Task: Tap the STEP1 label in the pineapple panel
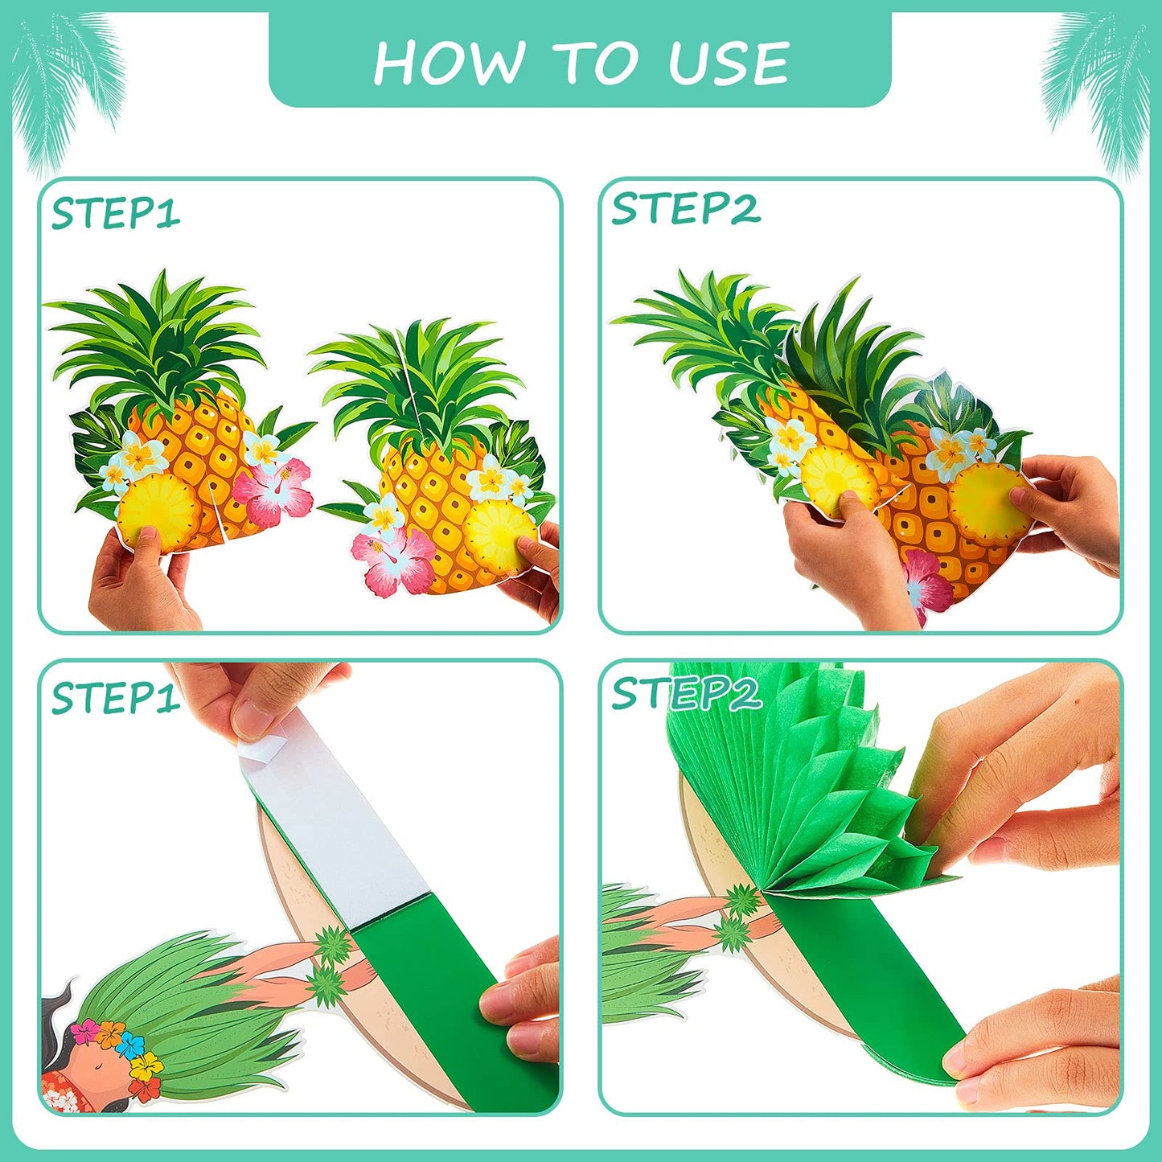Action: tap(115, 214)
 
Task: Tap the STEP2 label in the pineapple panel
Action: tap(685, 209)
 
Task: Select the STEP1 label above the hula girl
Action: tap(115, 697)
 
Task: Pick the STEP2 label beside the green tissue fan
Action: tap(685, 693)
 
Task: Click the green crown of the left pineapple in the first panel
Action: tap(157, 338)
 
